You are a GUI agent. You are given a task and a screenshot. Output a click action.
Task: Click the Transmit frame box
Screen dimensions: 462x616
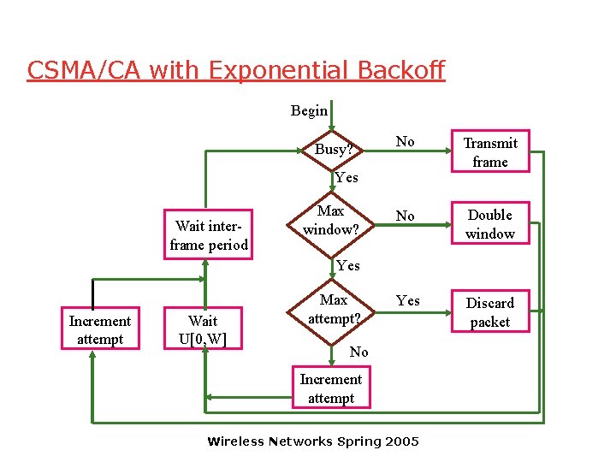pos(490,152)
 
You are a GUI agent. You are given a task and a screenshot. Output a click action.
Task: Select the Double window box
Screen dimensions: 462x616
pos(490,224)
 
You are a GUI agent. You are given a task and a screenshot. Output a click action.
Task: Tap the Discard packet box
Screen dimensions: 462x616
pos(490,312)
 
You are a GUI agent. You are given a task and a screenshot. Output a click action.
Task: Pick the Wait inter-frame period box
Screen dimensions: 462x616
pos(209,235)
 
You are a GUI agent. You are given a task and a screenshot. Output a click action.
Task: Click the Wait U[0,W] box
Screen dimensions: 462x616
pos(203,330)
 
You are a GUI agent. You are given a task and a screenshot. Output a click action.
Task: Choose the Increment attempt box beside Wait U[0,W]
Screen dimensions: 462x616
pos(100,330)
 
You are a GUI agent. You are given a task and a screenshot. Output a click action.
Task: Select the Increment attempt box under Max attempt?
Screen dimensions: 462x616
pos(330,388)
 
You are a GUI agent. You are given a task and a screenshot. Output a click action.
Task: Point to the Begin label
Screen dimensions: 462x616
pos(309,110)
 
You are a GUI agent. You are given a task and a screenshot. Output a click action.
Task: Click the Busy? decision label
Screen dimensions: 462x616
pos(333,149)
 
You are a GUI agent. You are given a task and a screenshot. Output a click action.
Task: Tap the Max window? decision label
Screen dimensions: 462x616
pos(330,220)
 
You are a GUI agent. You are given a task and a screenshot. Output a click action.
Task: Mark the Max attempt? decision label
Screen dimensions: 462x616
pos(333,309)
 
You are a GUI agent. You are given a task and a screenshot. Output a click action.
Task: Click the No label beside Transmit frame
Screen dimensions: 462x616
pos(406,142)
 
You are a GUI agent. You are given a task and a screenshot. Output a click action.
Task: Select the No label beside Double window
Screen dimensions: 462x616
pos(406,216)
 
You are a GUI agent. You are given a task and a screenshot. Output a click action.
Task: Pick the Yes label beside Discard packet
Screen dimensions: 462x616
pos(408,300)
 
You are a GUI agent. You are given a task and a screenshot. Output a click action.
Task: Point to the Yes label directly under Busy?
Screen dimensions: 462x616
pos(346,178)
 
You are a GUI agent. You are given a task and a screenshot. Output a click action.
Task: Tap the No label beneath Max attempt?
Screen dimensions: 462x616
pos(359,352)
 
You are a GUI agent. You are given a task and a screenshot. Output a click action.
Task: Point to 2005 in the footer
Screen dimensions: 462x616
pos(401,441)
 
